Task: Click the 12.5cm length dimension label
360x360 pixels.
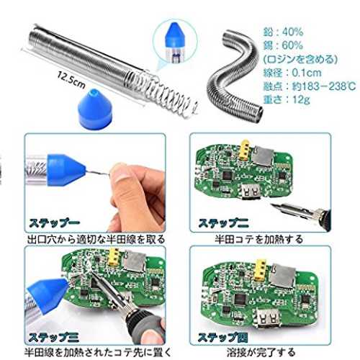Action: [71, 80]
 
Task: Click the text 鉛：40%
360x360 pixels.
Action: [283, 32]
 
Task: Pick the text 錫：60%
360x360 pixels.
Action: [283, 45]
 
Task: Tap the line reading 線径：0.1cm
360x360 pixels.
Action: [292, 73]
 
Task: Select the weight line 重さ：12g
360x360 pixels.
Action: [287, 99]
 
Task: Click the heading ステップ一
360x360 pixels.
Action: [54, 223]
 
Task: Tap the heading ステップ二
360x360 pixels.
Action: [223, 223]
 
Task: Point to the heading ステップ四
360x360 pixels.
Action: [223, 338]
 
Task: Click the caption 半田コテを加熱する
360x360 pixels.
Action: [258, 239]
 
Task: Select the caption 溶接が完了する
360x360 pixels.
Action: [261, 352]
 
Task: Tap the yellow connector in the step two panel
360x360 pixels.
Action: [244, 150]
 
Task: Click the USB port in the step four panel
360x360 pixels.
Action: [268, 318]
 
